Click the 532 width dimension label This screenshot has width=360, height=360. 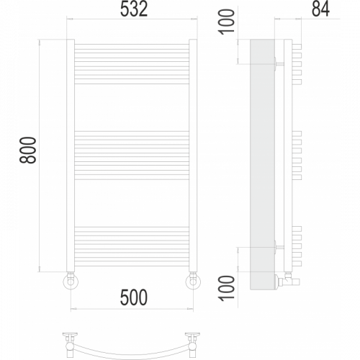[134, 9]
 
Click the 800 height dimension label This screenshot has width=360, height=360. [28, 150]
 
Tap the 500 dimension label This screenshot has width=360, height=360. [134, 297]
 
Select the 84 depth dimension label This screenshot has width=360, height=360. [320, 9]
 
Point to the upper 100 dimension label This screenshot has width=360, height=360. [226, 22]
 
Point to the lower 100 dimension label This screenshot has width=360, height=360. [226, 288]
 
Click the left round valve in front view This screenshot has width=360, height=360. [71, 281]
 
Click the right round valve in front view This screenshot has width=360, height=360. [193, 281]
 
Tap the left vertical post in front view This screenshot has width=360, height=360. [71, 156]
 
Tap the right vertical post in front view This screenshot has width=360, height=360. [193, 156]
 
